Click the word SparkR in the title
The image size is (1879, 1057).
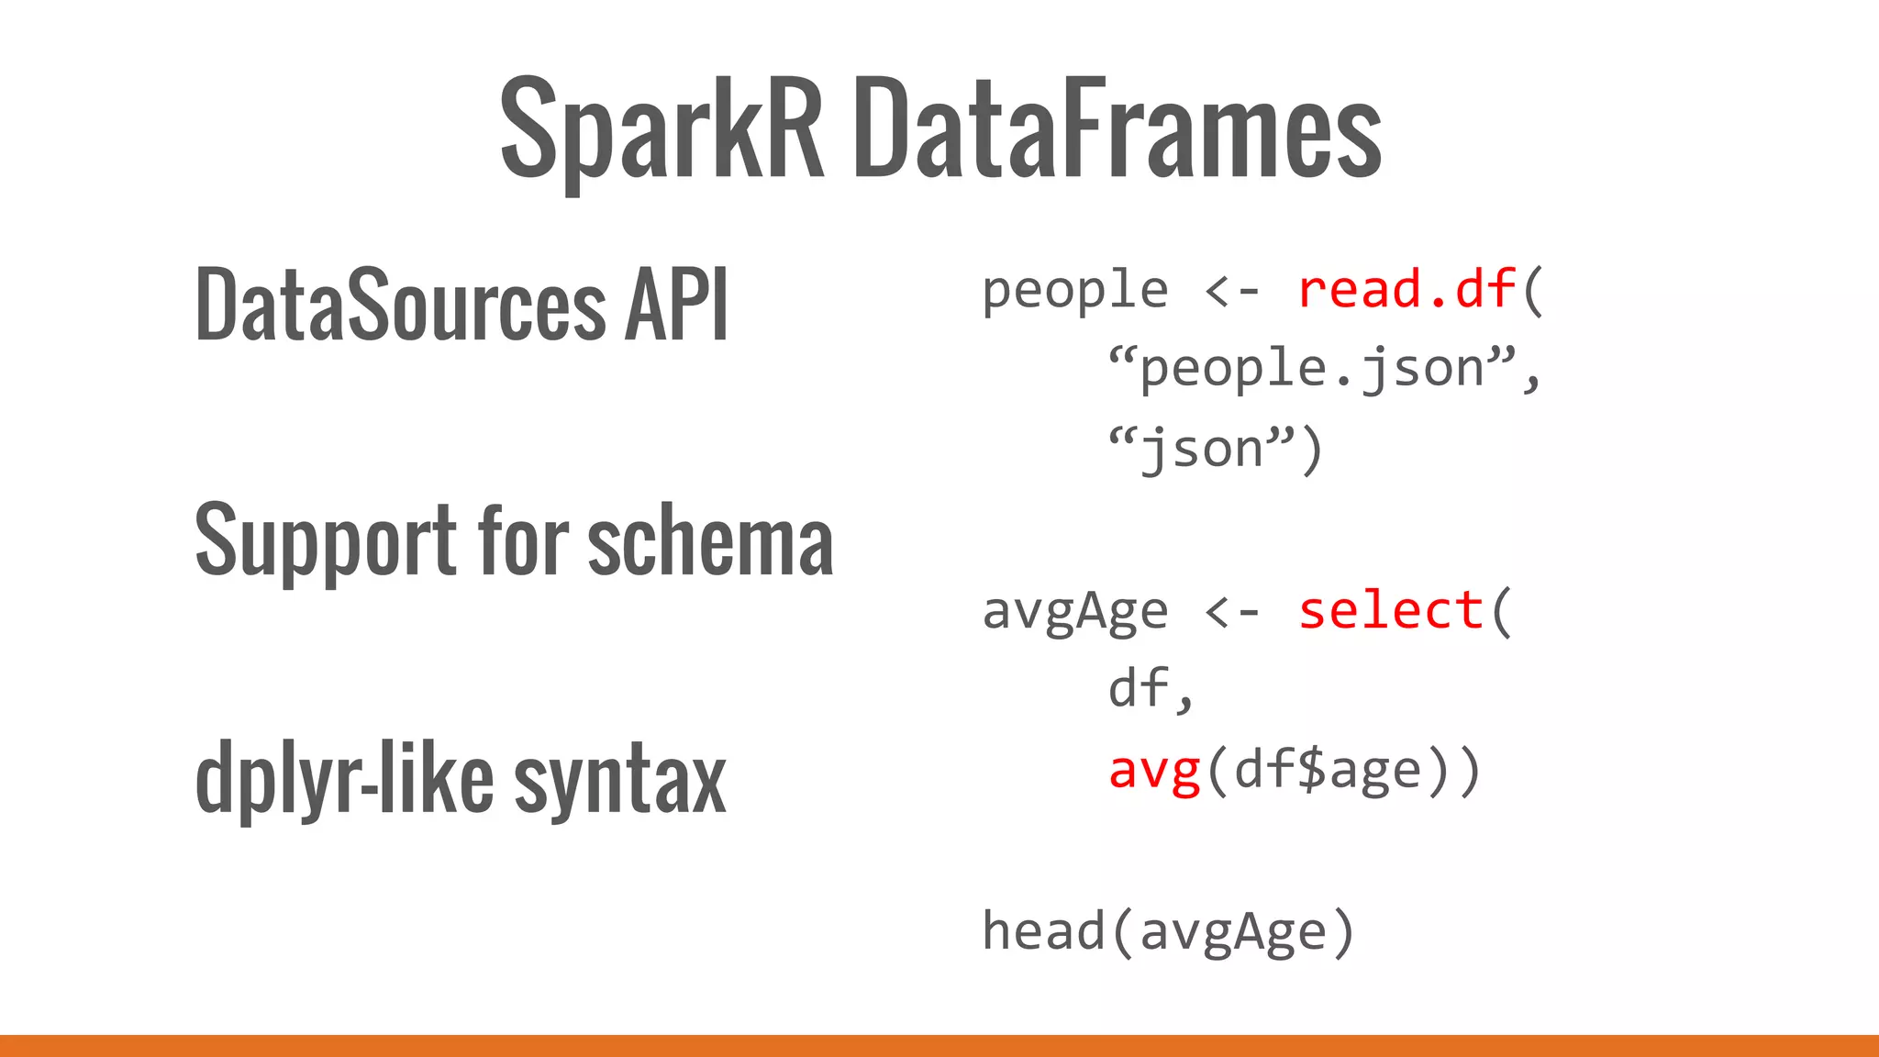click(662, 128)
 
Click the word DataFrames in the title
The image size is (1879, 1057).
click(1117, 128)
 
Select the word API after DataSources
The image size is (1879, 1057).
click(676, 304)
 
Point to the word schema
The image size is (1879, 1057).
click(710, 541)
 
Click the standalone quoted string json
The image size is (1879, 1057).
click(1202, 450)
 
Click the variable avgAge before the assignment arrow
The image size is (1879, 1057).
click(1074, 611)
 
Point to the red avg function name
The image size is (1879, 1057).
click(1154, 771)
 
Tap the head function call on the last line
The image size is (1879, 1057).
click(1042, 930)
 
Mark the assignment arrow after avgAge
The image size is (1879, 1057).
click(1232, 611)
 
